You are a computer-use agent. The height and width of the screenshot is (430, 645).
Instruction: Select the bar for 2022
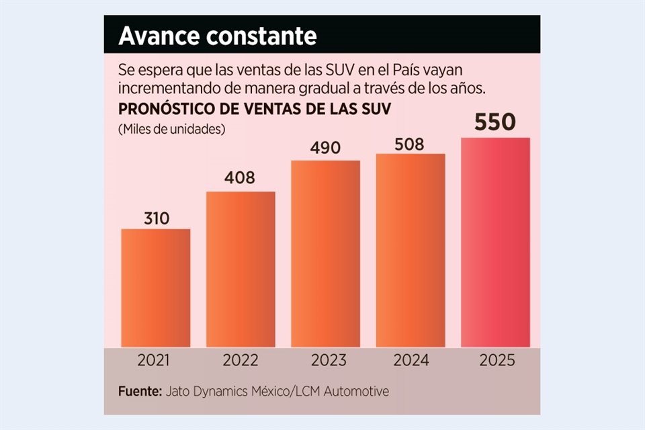[241, 269]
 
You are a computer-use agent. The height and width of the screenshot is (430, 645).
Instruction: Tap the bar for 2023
[325, 253]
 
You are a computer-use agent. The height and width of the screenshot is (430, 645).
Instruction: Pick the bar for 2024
[411, 250]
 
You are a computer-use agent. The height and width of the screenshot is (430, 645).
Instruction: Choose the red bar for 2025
[495, 242]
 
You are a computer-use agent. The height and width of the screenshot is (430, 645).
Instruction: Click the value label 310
[156, 218]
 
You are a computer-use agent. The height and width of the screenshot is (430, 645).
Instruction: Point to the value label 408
[241, 179]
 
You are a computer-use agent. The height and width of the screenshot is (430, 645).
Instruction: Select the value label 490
[326, 148]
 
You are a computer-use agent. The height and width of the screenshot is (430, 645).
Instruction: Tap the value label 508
[411, 142]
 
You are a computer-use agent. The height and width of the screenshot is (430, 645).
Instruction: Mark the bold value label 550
[495, 122]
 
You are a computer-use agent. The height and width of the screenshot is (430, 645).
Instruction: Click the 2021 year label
[155, 361]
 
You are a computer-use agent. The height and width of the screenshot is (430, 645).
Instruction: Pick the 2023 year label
[326, 361]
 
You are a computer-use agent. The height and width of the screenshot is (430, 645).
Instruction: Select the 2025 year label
[497, 361]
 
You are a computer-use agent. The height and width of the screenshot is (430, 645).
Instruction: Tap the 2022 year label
[241, 361]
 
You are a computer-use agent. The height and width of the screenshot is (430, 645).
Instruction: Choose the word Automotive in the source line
[361, 391]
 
